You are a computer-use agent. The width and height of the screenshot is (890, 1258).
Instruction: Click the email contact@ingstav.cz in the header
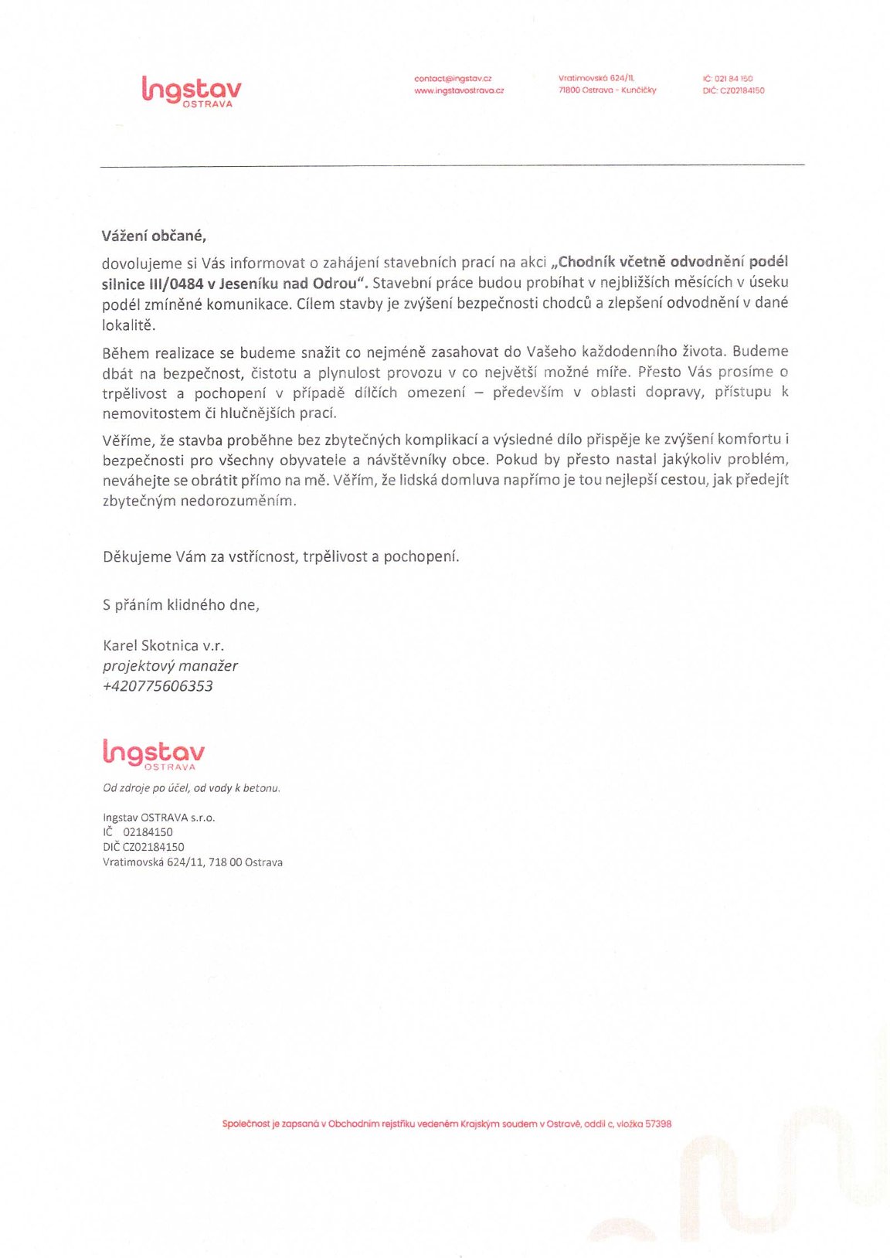tap(453, 79)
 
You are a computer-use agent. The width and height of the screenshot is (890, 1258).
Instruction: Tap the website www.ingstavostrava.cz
tap(459, 90)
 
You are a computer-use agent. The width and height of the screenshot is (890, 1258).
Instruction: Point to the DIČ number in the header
tap(733, 90)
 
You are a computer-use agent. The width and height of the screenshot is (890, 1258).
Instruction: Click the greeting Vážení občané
tap(154, 236)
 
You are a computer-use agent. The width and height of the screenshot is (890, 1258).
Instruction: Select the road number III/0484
tap(172, 284)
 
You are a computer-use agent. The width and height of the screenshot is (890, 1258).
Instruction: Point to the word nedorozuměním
tap(237, 501)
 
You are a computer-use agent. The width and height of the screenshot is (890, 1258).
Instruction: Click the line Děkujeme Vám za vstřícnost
tap(280, 556)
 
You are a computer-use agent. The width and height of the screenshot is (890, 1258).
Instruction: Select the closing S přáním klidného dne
tap(181, 605)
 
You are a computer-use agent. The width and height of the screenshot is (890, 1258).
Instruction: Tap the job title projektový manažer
tap(170, 666)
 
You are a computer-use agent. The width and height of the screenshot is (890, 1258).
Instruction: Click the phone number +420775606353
tap(158, 686)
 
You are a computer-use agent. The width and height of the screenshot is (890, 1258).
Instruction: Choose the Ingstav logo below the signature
tap(154, 754)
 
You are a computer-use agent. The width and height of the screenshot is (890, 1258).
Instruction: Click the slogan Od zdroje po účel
tap(192, 788)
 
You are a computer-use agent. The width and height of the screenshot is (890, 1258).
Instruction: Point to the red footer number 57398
tap(658, 1124)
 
